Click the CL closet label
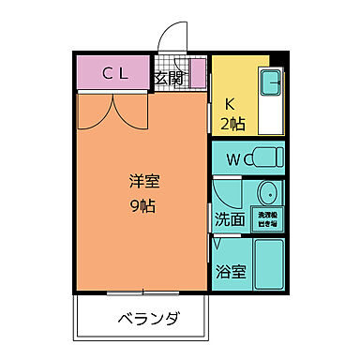114,74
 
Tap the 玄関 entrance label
170,78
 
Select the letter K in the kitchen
230,103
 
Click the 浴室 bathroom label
231,273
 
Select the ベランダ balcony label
147,320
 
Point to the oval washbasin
267,197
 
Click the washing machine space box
269,220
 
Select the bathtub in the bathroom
269,265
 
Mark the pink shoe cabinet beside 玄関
198,76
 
